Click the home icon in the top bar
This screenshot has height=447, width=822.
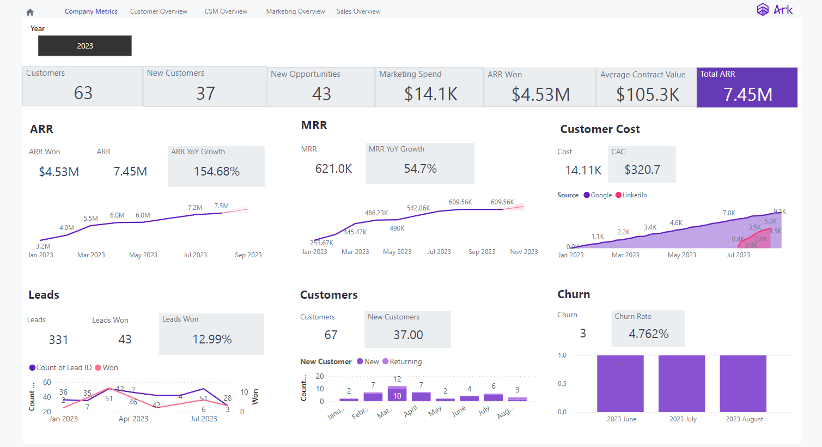(30, 12)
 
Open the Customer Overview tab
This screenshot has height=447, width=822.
(159, 11)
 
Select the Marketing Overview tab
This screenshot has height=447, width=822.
(295, 11)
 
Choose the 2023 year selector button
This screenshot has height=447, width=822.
(85, 46)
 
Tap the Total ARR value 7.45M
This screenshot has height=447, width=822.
(747, 94)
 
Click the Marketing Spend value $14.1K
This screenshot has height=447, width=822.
(430, 94)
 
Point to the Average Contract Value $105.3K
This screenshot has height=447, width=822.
(647, 95)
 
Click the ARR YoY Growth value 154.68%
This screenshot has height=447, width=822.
(216, 171)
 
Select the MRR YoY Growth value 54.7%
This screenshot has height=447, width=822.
(420, 169)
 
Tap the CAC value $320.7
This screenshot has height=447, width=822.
(642, 170)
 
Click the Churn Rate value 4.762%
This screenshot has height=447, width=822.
(648, 334)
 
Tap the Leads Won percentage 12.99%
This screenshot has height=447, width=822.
(212, 339)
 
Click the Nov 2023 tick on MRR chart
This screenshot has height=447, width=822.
(523, 252)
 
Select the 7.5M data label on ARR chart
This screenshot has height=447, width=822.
(221, 206)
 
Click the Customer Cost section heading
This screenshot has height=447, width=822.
(600, 129)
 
